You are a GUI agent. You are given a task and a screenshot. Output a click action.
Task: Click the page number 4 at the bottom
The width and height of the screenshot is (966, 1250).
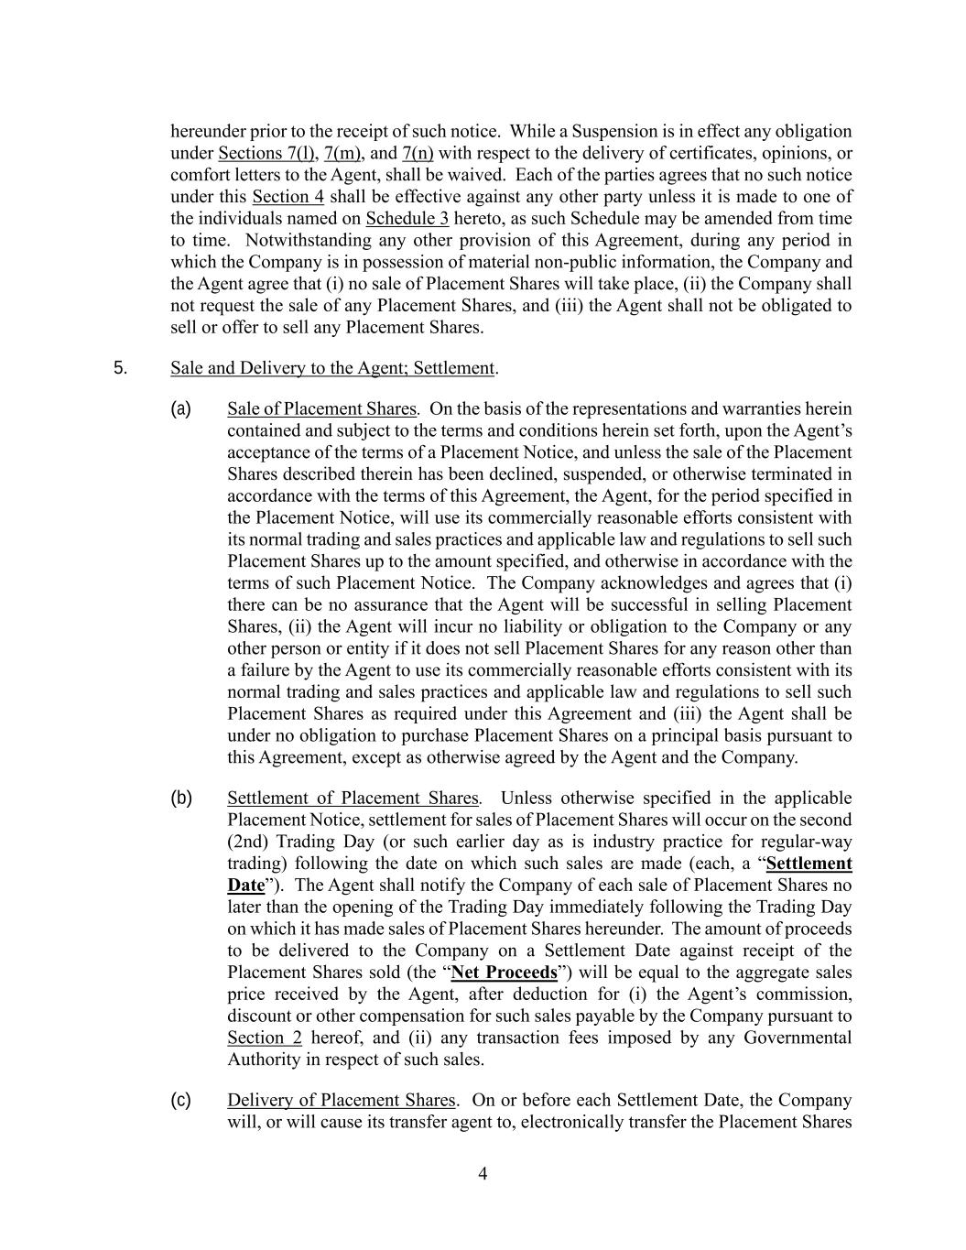pyautogui.click(x=483, y=1174)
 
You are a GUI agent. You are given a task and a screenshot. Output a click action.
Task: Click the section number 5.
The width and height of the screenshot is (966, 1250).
pyautogui.click(x=121, y=368)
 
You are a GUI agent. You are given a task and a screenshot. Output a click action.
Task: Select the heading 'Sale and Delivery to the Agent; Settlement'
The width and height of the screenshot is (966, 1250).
pyautogui.click(x=332, y=368)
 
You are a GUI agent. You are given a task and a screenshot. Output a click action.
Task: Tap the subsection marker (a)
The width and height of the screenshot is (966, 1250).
pyautogui.click(x=180, y=408)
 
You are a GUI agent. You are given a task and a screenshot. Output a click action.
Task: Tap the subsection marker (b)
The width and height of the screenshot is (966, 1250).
pyautogui.click(x=180, y=798)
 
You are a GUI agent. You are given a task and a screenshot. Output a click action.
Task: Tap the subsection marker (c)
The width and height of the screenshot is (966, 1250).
pyautogui.click(x=180, y=1100)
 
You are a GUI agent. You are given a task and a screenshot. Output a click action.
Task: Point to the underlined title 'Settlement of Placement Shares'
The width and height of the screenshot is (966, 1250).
pyautogui.click(x=353, y=798)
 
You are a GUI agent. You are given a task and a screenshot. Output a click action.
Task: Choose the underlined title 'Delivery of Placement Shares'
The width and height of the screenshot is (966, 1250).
pyautogui.click(x=341, y=1100)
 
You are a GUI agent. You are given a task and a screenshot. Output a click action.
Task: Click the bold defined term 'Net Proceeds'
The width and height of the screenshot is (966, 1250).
pyautogui.click(x=504, y=973)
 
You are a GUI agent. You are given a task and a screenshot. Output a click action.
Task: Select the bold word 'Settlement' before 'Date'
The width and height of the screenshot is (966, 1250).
pyautogui.click(x=809, y=864)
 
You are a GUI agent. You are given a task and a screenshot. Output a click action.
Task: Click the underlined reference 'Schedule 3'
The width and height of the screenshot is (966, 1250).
pyautogui.click(x=407, y=218)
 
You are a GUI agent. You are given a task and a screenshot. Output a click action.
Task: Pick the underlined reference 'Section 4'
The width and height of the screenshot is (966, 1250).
pyautogui.click(x=288, y=196)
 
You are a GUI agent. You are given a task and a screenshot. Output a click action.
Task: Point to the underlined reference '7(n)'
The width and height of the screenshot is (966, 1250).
pyautogui.click(x=418, y=153)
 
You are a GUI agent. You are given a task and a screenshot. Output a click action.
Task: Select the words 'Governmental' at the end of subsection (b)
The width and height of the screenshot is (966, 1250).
pyautogui.click(x=797, y=1038)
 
